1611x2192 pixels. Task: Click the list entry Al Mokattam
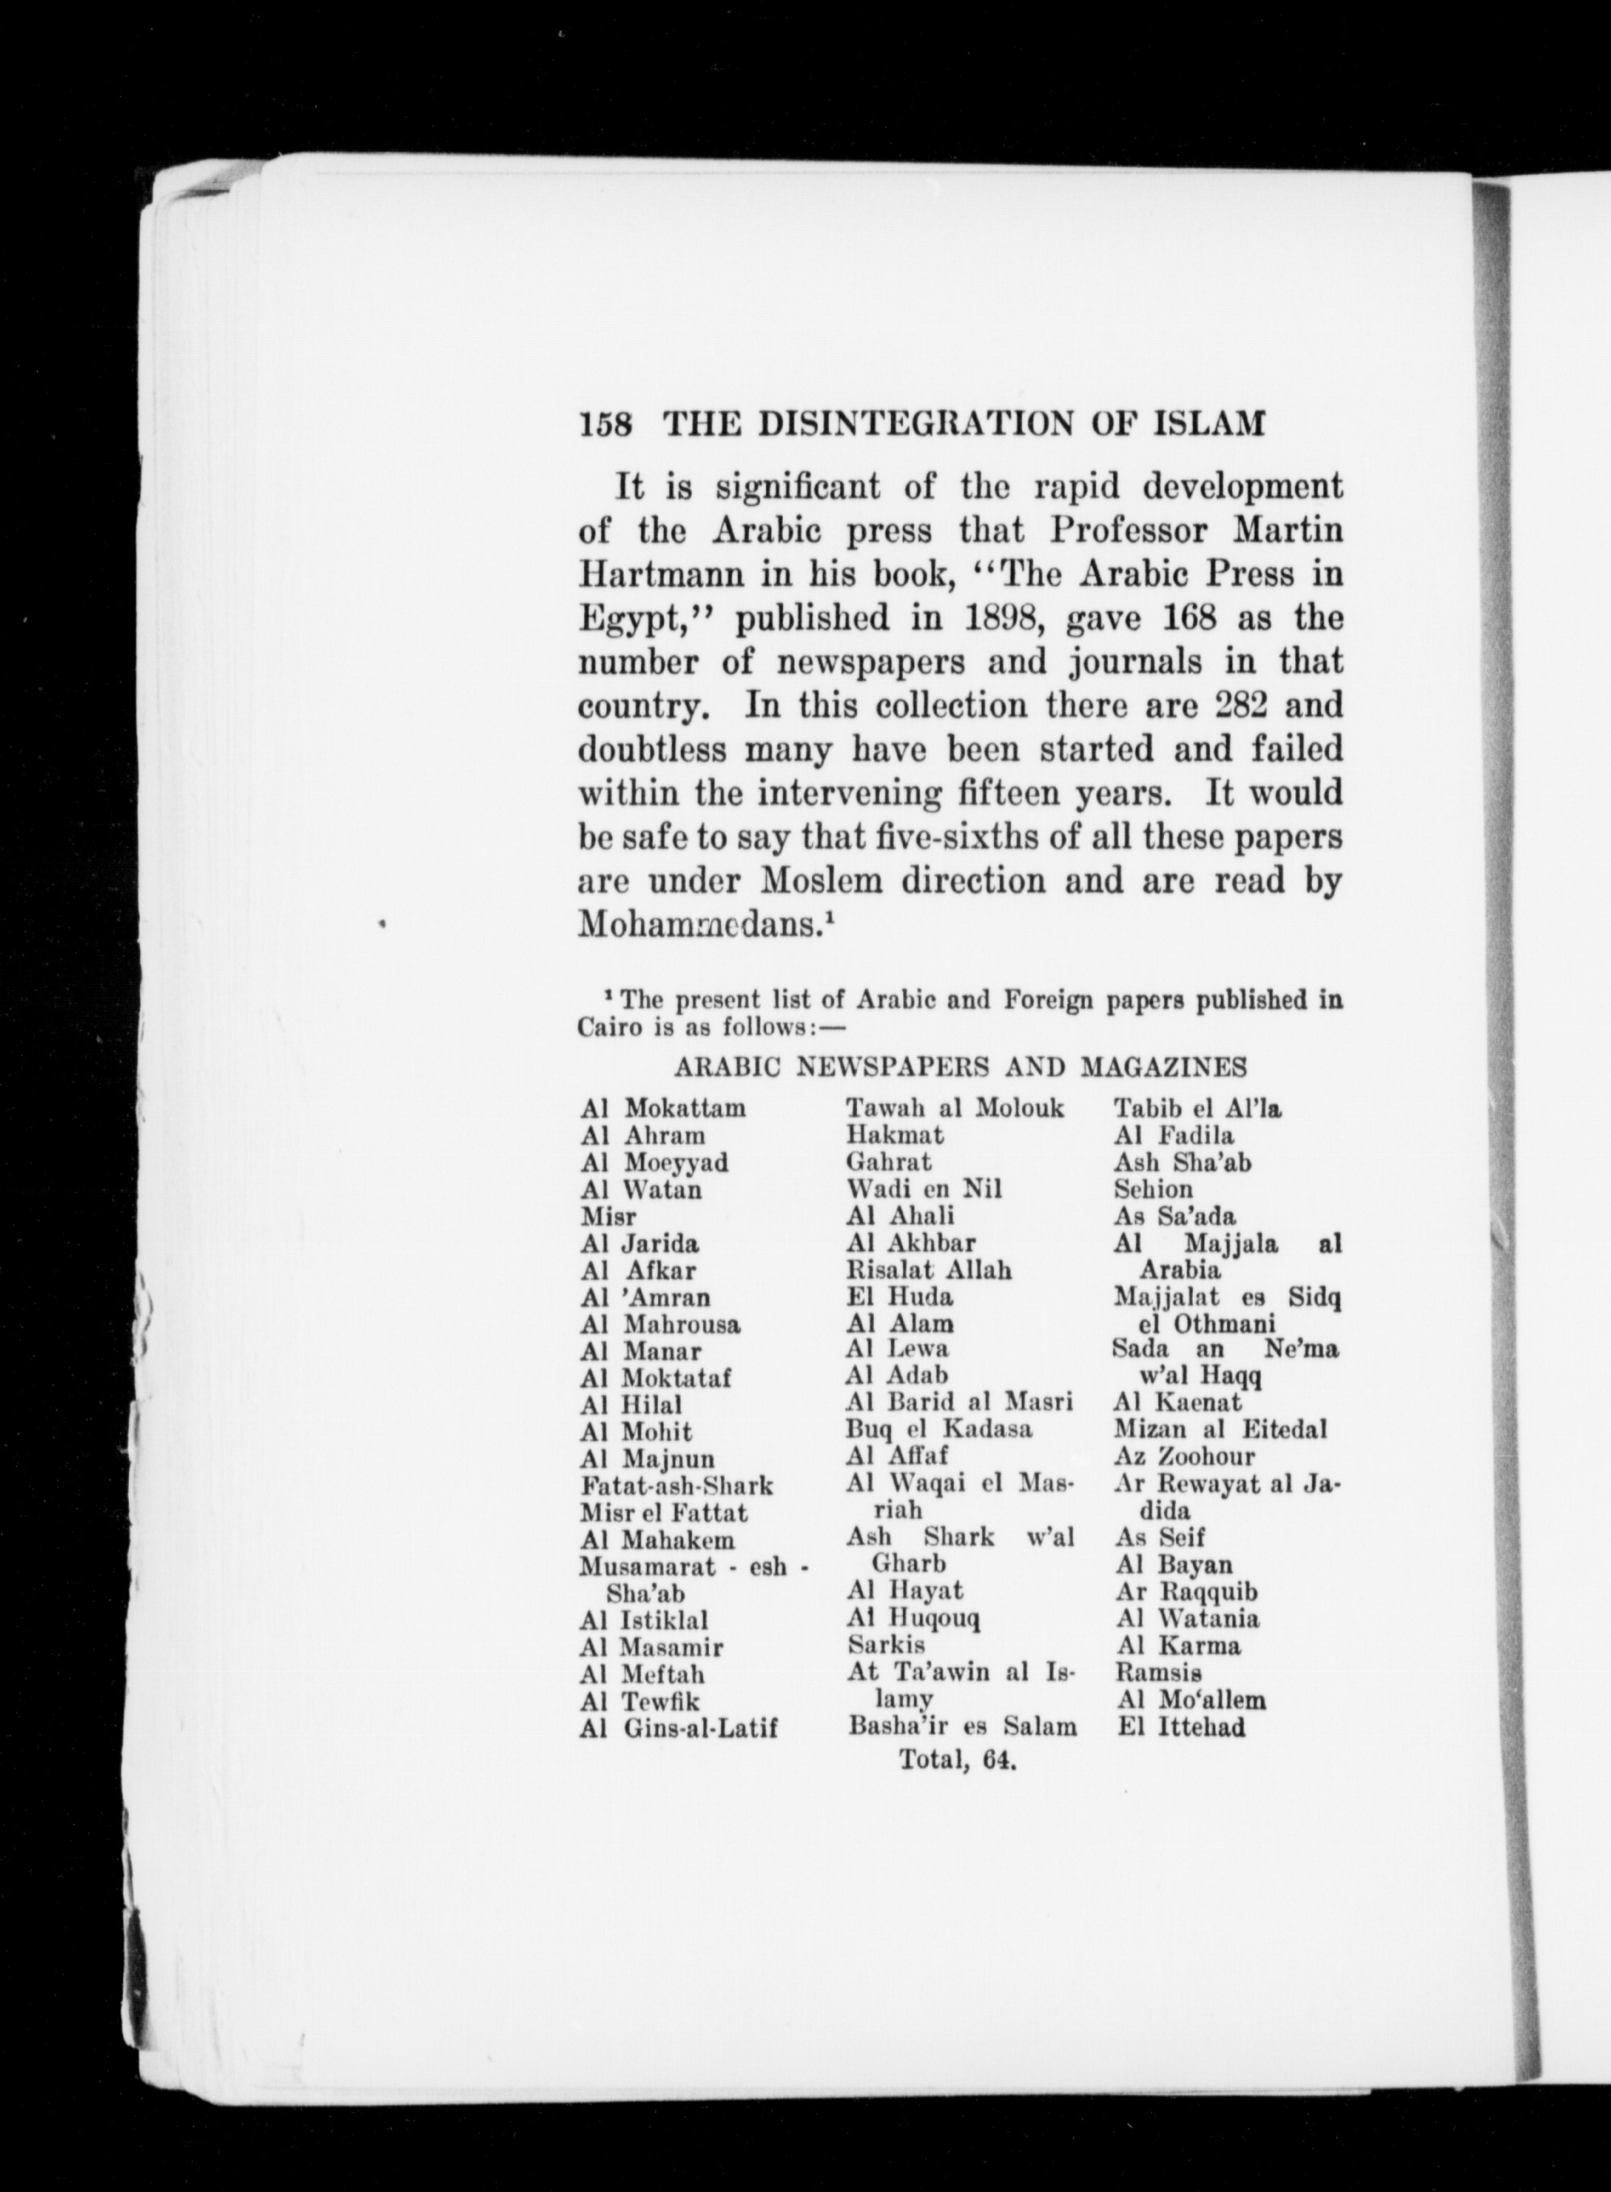(663, 1108)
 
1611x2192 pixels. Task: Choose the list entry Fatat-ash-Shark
(676, 1486)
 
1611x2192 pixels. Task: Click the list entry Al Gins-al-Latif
(679, 1729)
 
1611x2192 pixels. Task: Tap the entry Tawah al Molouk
(955, 1108)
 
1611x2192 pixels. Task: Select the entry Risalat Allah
(930, 1270)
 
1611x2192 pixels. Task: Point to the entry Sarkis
(886, 1646)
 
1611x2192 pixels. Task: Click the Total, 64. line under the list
(958, 1761)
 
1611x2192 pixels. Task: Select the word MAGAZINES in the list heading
(1162, 1067)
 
